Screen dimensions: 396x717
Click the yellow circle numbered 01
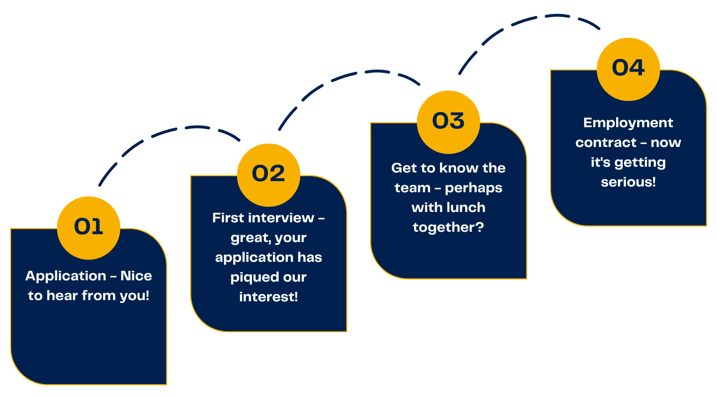pos(88,228)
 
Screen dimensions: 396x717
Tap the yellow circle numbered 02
pos(268,175)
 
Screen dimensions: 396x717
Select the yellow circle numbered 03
pos(448,122)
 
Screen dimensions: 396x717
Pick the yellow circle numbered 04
pos(628,69)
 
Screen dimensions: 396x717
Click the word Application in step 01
pos(66,276)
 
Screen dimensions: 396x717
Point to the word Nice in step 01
pos(136,276)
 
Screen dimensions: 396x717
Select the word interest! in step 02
pos(268,297)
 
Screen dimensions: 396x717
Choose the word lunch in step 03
pos(466,207)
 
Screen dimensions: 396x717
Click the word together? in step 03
pos(448,227)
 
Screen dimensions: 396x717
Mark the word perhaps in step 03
pos(473,188)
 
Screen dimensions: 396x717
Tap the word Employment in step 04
pos(628,123)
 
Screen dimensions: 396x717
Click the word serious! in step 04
pos(628,182)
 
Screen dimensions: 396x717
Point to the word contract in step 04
pos(606,142)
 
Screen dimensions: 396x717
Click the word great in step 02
pos(246,238)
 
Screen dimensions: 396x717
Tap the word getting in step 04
pos(640,163)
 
